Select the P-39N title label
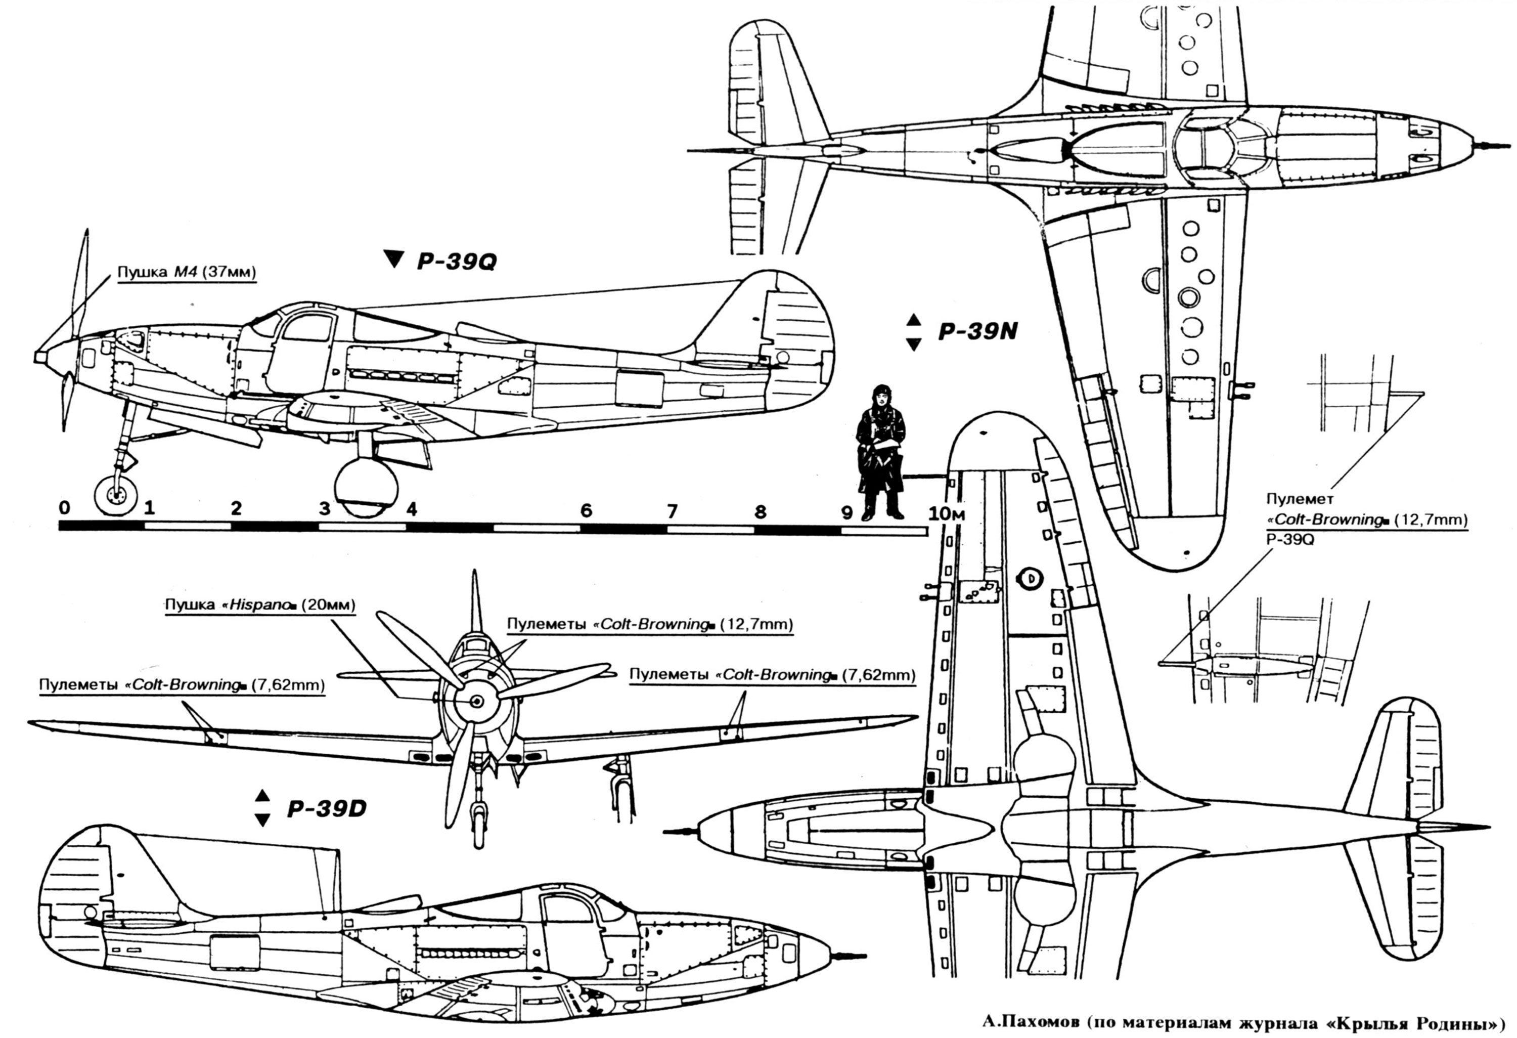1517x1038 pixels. click(977, 332)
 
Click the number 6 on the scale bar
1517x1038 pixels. click(586, 510)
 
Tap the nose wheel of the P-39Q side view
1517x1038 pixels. click(115, 496)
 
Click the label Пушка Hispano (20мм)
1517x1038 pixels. click(260, 604)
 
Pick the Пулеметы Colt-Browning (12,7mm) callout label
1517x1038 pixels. click(649, 624)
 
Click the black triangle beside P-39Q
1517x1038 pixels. click(393, 259)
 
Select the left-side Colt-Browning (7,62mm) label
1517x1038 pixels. click(182, 685)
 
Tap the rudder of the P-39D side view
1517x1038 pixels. click(72, 907)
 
